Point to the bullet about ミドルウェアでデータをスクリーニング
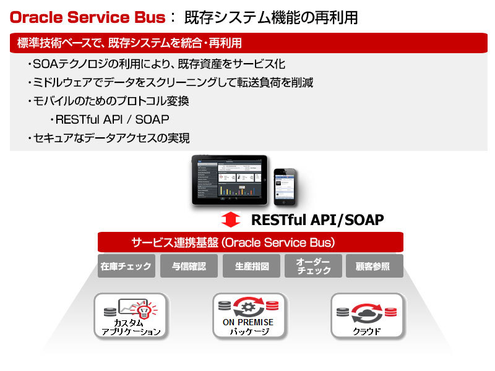tap(170, 82)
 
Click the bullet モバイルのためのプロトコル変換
tap(108, 101)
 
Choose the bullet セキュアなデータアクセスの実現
tap(108, 138)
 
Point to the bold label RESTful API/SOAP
tap(317, 220)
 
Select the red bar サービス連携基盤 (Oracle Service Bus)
tap(250, 242)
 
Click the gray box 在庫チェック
tap(126, 267)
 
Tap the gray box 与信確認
tap(188, 267)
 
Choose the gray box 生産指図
tap(250, 267)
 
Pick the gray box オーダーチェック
tap(312, 267)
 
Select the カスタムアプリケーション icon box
tap(131, 315)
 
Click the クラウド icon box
tap(367, 315)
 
